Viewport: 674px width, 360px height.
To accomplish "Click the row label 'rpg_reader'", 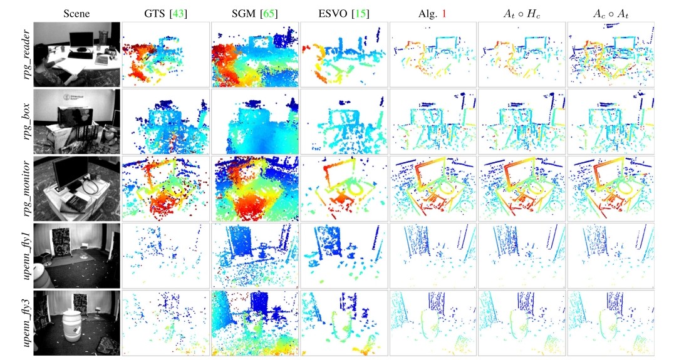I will coord(26,55).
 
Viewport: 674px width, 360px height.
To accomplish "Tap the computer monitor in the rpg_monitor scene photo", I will coord(67,175).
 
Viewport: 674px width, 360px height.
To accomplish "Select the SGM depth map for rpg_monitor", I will coord(254,188).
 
